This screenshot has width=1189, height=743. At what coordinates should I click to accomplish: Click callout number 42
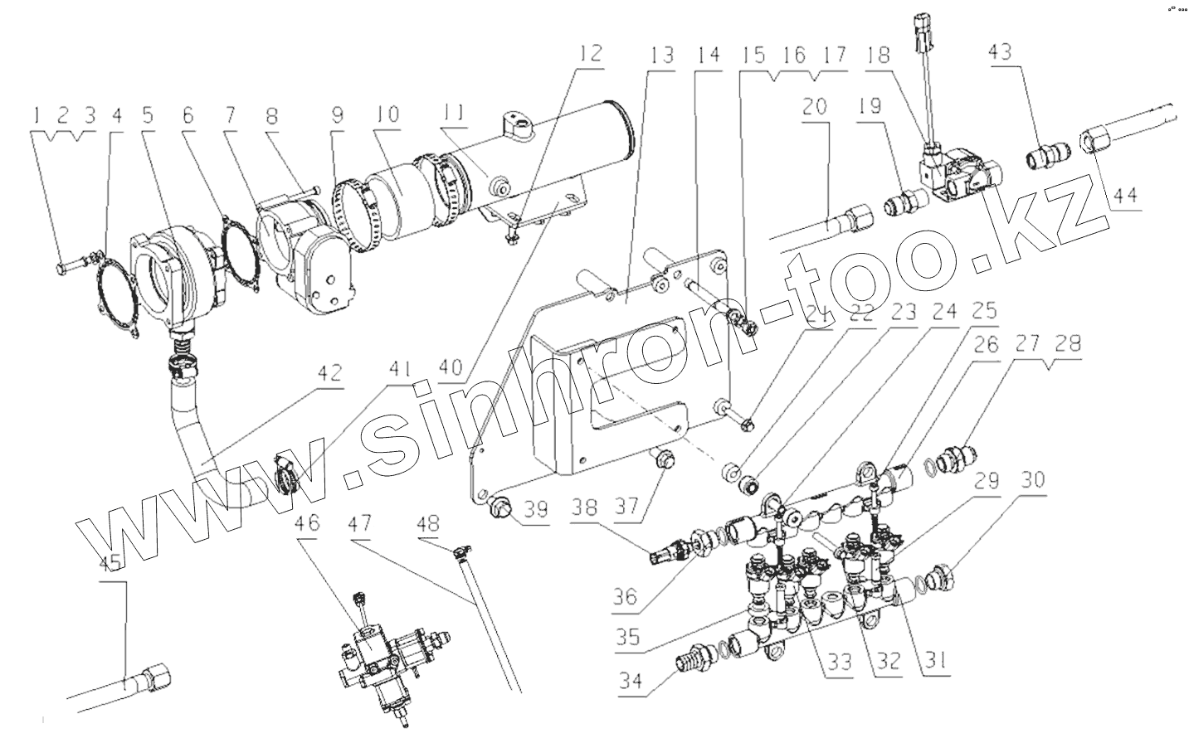coord(329,374)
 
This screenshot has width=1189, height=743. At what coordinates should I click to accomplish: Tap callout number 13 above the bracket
coord(662,56)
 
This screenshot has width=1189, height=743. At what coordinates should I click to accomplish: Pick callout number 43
coord(1001,53)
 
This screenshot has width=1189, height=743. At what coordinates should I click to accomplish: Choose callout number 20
coord(816,106)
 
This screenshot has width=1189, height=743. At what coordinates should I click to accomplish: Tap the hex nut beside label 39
coord(501,507)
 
